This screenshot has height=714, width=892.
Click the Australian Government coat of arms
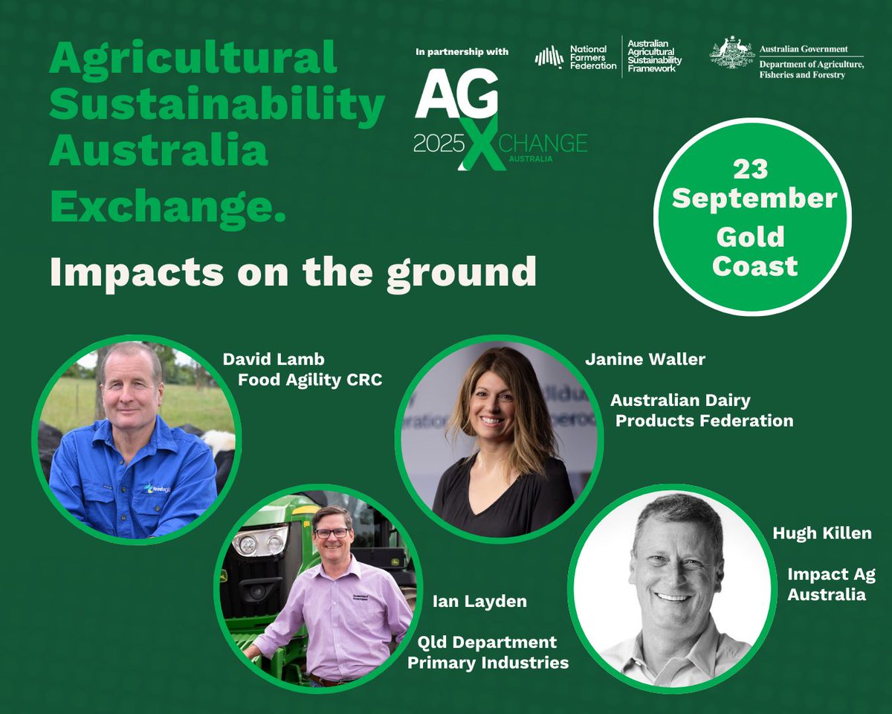731,57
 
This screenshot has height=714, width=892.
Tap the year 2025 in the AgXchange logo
439,144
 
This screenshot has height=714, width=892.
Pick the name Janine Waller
644,360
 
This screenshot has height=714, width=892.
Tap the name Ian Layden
479,601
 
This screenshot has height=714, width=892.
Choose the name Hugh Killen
821,533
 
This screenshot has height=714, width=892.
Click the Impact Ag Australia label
831,585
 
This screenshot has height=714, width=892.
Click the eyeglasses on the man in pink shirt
332,533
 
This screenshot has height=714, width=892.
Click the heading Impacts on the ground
293,272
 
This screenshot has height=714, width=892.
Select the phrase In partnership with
462,52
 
